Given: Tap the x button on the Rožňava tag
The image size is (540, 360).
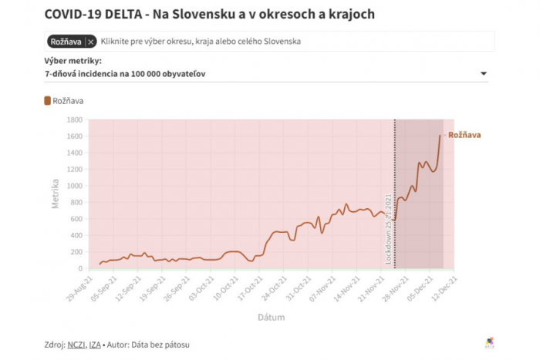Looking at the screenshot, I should click(x=91, y=41).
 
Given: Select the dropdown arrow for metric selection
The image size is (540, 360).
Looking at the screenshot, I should click(x=484, y=74).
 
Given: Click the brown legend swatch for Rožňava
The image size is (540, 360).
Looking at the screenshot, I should click(x=48, y=100).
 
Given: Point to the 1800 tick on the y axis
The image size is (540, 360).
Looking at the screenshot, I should click(x=75, y=120).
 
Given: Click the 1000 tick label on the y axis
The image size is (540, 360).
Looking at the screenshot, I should click(x=75, y=186).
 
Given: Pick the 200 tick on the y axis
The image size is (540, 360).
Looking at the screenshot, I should click(x=76, y=252).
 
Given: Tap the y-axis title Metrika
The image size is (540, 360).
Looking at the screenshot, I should click(x=56, y=194).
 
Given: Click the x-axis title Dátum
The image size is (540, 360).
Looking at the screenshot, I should click(x=272, y=317).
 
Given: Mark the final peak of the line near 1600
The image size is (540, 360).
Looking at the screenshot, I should click(x=440, y=136).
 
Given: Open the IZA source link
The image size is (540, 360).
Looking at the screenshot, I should click(x=96, y=344).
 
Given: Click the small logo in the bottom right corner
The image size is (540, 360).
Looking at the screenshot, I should click(x=489, y=342).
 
